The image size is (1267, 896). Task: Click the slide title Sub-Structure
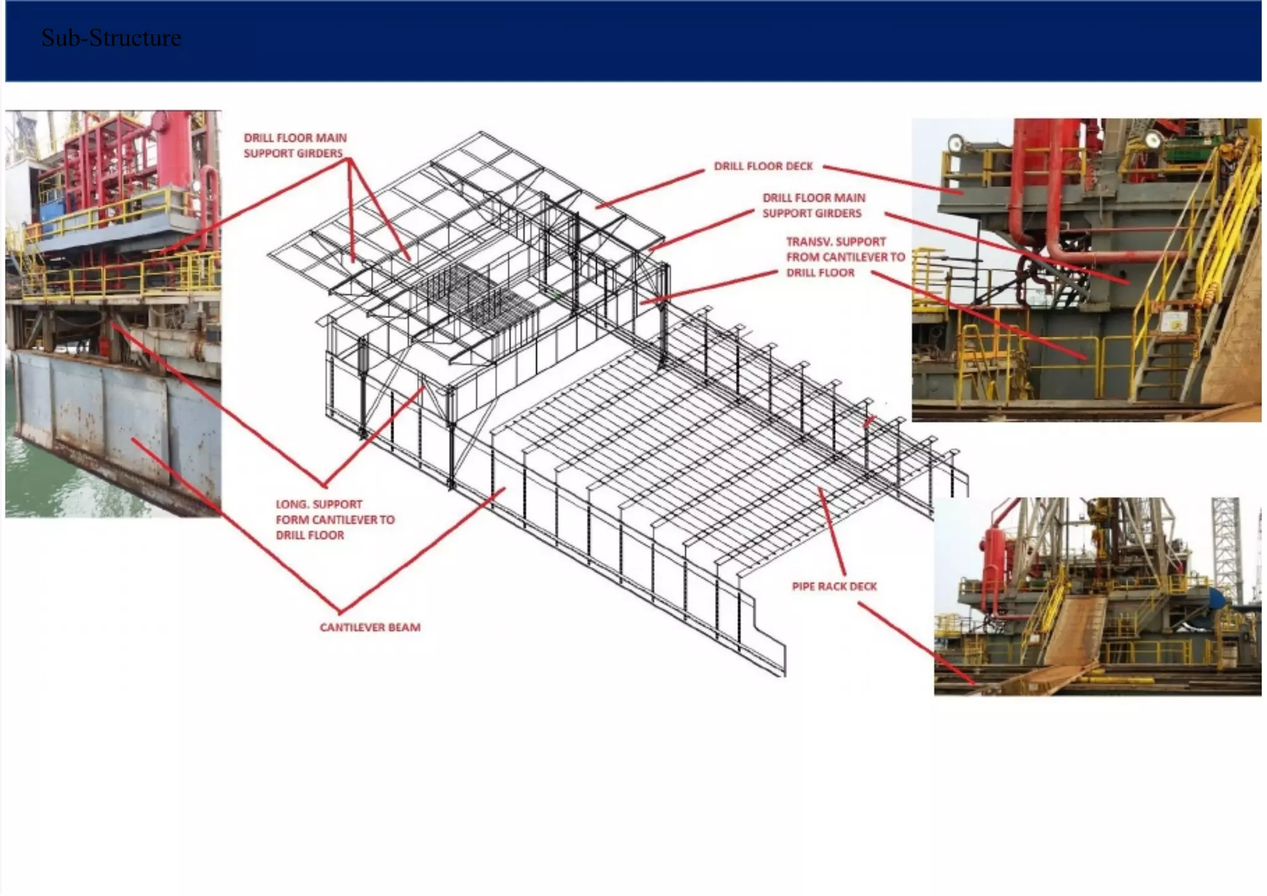click(x=111, y=38)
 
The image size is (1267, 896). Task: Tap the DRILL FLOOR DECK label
click(x=763, y=166)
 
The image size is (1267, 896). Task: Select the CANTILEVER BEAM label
click(x=370, y=627)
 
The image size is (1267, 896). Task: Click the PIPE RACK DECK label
click(x=834, y=587)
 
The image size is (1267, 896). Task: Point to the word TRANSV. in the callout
click(x=805, y=242)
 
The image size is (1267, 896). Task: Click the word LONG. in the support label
click(x=292, y=504)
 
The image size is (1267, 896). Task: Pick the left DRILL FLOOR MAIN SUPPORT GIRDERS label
click(x=294, y=146)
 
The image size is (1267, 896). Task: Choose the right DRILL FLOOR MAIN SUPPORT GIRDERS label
click(x=813, y=205)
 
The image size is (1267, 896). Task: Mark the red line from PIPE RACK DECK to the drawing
click(x=832, y=532)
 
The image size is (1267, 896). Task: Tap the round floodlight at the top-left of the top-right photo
click(x=956, y=143)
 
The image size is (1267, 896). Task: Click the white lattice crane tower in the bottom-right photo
click(x=1225, y=545)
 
